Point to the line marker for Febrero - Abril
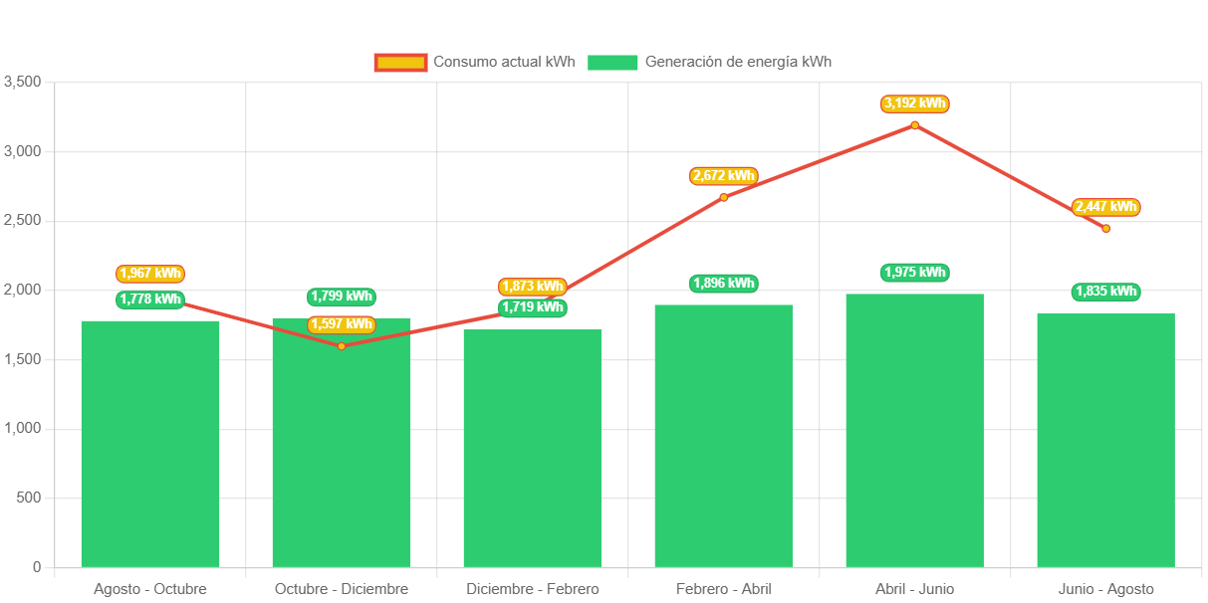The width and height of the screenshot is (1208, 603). pos(724,197)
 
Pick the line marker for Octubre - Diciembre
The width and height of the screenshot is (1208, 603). pos(342,346)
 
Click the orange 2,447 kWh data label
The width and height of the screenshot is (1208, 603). pos(1105,207)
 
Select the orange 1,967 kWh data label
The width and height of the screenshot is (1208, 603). pos(150,274)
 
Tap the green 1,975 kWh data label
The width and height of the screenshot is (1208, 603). pos(914,273)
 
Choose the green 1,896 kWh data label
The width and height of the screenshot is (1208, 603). pos(723,284)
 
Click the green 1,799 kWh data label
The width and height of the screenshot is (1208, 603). pos(342,297)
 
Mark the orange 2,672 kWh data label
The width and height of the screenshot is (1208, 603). pos(724,176)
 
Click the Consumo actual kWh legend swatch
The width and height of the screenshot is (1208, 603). pos(400,63)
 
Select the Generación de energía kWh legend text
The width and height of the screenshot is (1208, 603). pos(738,62)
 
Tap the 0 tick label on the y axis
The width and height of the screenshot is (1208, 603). pos(37,567)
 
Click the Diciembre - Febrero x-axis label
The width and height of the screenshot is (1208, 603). pos(533,589)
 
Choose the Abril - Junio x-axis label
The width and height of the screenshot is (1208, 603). pos(914,589)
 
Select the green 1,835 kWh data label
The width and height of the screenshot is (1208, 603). pos(1105,292)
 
